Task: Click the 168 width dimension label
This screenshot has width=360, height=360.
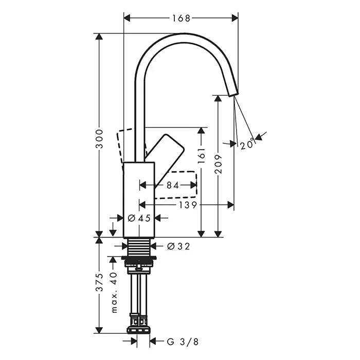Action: pyautogui.click(x=181, y=18)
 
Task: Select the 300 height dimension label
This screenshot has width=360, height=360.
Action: pyautogui.click(x=99, y=139)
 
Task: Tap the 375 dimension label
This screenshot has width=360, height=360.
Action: pyautogui.click(x=99, y=282)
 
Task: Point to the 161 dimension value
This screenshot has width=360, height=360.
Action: pyautogui.click(x=202, y=156)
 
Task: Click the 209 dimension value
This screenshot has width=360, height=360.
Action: pyautogui.click(x=218, y=164)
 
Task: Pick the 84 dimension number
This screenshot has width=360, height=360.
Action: pyautogui.click(x=173, y=185)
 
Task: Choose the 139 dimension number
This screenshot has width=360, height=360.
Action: pyautogui.click(x=188, y=205)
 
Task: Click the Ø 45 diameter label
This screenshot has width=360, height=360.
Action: pyautogui.click(x=139, y=218)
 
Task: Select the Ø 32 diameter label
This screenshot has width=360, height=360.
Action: pyautogui.click(x=178, y=246)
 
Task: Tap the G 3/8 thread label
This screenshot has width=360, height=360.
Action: pyautogui.click(x=183, y=342)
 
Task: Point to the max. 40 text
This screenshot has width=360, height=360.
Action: pyautogui.click(x=114, y=293)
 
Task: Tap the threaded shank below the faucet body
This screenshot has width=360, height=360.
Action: pyautogui.click(x=139, y=247)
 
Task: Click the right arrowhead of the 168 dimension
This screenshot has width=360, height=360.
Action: pyautogui.click(x=235, y=18)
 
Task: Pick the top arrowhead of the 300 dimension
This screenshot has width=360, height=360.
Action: pyautogui.click(x=99, y=37)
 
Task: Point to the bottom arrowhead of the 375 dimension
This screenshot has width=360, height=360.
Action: pyautogui.click(x=99, y=330)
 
